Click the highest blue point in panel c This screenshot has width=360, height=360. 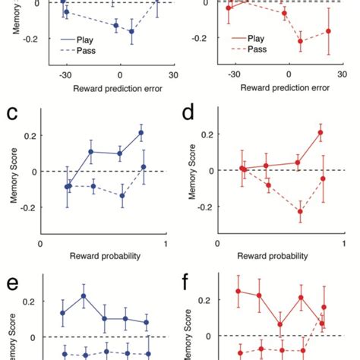141,133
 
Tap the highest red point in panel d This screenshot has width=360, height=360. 320,133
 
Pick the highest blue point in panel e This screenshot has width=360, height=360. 84,296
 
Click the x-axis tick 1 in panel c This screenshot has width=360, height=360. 166,244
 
